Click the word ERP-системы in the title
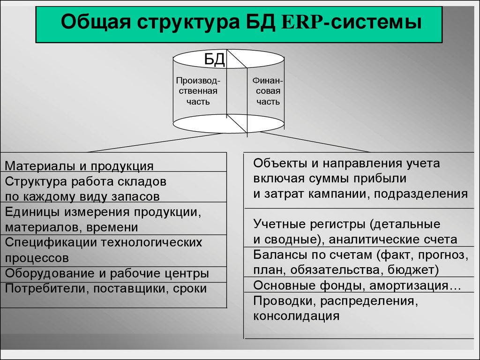(x=352, y=22)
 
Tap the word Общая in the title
(x=96, y=22)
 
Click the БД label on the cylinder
(x=215, y=60)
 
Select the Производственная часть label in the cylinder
(x=198, y=91)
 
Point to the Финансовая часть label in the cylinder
(x=268, y=91)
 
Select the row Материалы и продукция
(x=79, y=165)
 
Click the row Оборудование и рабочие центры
(x=107, y=273)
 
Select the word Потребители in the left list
(x=47, y=289)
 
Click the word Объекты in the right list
(x=280, y=163)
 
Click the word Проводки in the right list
(x=285, y=301)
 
